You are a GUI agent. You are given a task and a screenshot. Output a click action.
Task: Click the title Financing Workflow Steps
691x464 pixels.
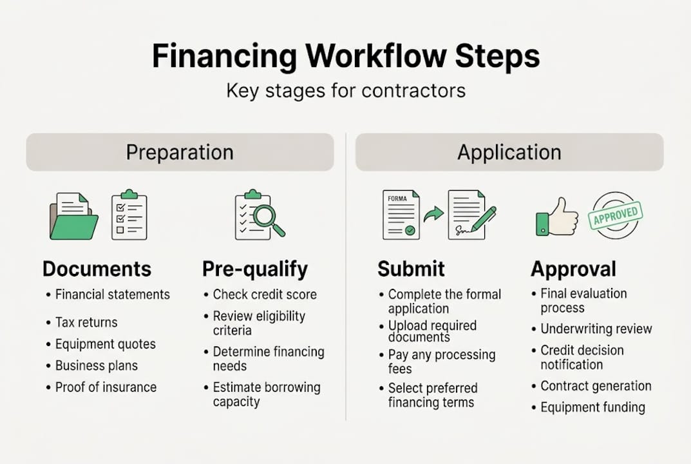pyautogui.click(x=345, y=56)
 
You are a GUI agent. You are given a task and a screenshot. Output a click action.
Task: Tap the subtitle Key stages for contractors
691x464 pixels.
pyautogui.click(x=346, y=91)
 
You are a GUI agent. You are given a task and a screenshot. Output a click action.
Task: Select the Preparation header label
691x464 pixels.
pyautogui.click(x=180, y=153)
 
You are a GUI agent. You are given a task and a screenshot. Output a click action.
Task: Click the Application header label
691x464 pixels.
pyautogui.click(x=509, y=153)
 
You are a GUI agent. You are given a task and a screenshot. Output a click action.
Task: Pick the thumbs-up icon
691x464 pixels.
pyautogui.click(x=557, y=217)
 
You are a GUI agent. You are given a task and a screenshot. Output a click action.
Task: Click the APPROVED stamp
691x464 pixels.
pyautogui.click(x=615, y=215)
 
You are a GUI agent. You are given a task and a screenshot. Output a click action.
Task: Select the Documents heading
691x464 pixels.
pyautogui.click(x=97, y=269)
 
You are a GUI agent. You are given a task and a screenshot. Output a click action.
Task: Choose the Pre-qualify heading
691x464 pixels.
pyautogui.click(x=255, y=269)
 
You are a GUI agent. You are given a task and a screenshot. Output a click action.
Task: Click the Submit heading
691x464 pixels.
pyautogui.click(x=411, y=269)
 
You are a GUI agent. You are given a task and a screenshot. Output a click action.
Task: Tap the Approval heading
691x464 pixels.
pyautogui.click(x=573, y=269)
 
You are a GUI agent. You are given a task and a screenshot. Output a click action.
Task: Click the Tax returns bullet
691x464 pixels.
pyautogui.click(x=86, y=322)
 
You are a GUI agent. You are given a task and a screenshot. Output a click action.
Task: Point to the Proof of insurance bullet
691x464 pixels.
pyautogui.click(x=106, y=387)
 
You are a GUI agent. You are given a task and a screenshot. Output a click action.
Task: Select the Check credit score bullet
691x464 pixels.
pyautogui.click(x=265, y=295)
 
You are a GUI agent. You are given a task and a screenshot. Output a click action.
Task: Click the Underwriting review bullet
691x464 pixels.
pyautogui.click(x=596, y=329)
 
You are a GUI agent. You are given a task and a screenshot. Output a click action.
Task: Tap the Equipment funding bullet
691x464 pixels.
pyautogui.click(x=592, y=407)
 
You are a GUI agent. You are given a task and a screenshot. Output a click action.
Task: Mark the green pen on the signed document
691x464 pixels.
pyautogui.click(x=484, y=218)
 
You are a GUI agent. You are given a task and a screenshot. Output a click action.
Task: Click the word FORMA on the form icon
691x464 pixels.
pyautogui.click(x=397, y=198)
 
